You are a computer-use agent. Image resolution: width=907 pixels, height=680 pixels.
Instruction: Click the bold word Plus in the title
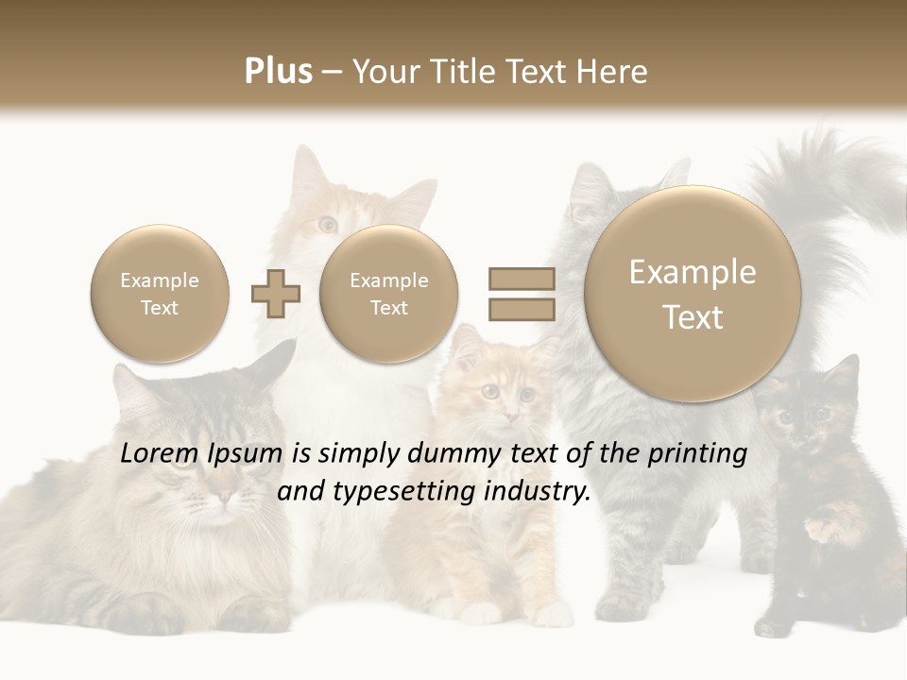click(278, 71)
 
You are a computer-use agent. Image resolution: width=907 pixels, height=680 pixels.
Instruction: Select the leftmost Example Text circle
click(159, 294)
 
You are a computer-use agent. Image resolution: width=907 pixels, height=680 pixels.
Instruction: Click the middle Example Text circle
click(388, 294)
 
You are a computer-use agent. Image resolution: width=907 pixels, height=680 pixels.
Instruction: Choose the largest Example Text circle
click(693, 294)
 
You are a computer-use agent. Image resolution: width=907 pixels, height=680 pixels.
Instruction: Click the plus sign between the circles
click(276, 294)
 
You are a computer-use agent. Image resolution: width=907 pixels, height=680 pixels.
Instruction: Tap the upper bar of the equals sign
click(522, 279)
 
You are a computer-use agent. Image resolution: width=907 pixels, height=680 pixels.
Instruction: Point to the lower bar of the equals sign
click(522, 309)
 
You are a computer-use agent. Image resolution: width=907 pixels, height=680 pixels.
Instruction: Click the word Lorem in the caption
click(158, 453)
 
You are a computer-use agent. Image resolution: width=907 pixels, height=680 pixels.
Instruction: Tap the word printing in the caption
click(696, 453)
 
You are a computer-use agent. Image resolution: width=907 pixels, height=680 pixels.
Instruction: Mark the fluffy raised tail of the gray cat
click(831, 198)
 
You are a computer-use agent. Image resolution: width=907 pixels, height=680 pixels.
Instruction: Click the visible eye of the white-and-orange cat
click(328, 224)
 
